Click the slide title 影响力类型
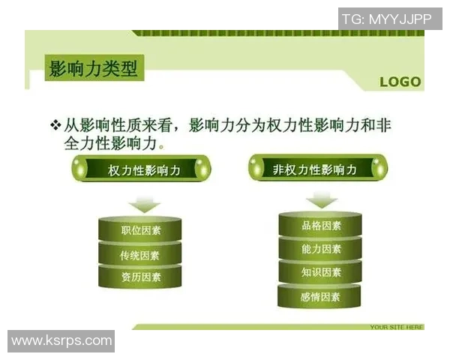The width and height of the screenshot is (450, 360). pyautogui.click(x=93, y=68)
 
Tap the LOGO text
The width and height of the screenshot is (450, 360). pyautogui.click(x=400, y=82)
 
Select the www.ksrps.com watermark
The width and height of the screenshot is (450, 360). pyautogui.click(x=61, y=340)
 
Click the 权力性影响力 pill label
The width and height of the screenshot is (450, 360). pyautogui.click(x=144, y=169)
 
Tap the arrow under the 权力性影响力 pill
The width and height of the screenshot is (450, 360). pyautogui.click(x=143, y=203)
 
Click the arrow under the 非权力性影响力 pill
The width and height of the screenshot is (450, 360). pyautogui.click(x=321, y=199)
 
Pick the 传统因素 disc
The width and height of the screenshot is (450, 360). pyautogui.click(x=140, y=255)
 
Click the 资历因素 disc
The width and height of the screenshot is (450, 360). pyautogui.click(x=140, y=277)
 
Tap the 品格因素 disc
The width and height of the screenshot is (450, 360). pyautogui.click(x=321, y=225)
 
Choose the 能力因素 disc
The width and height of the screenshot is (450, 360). pyautogui.click(x=321, y=248)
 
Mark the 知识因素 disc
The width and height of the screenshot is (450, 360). pyautogui.click(x=321, y=272)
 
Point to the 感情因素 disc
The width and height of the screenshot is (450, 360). pyautogui.click(x=319, y=296)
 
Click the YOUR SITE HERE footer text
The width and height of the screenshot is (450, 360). pyautogui.click(x=396, y=327)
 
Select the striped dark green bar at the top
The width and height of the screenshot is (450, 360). pyautogui.click(x=277, y=33)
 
